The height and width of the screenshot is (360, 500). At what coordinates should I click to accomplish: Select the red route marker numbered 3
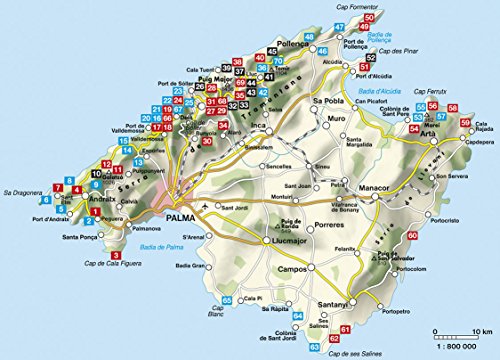point(117,256)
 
